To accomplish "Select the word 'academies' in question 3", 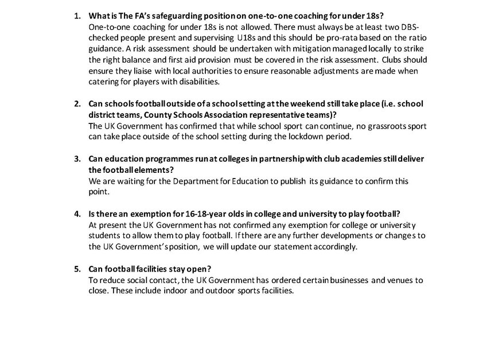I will pyautogui.click(x=344, y=158).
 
